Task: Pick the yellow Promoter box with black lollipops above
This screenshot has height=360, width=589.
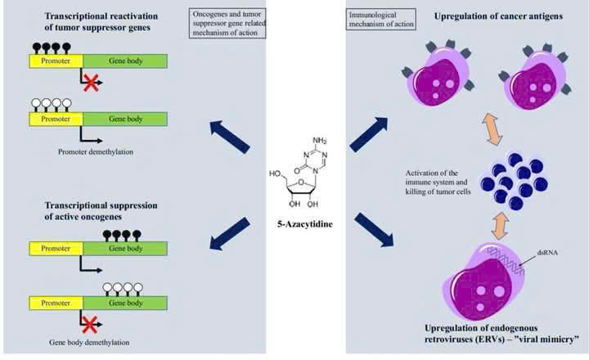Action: tap(56, 61)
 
